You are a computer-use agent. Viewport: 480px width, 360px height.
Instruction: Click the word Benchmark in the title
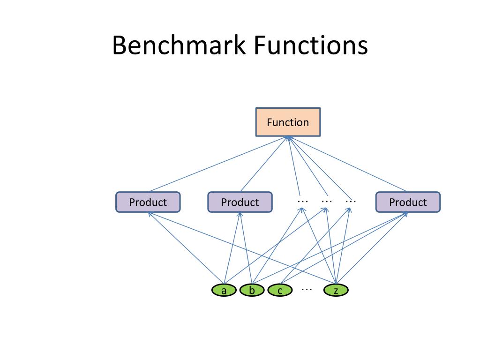[179, 46]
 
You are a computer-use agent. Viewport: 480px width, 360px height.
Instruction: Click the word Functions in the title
[311, 46]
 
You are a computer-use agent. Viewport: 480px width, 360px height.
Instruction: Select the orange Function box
[288, 122]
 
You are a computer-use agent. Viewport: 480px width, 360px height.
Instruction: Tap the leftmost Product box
[148, 202]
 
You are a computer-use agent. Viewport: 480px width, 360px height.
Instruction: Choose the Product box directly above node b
[240, 202]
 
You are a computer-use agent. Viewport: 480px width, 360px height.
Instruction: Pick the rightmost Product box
[408, 202]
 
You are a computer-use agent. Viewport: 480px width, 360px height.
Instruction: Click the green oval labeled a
[224, 291]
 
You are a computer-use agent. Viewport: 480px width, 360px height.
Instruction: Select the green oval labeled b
[252, 291]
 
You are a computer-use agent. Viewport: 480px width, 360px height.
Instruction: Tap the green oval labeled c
[280, 291]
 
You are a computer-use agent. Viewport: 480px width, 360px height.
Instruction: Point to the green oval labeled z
[336, 291]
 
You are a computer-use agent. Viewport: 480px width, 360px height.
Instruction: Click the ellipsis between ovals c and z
[307, 289]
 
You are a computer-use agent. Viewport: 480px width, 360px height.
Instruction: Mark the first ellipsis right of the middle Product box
[302, 201]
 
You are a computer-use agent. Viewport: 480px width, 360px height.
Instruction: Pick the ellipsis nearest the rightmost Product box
[351, 201]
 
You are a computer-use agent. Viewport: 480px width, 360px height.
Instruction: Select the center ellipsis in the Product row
[327, 201]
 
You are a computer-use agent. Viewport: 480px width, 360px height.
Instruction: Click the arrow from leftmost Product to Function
[218, 165]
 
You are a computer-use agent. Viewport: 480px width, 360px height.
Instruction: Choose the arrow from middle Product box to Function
[263, 165]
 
